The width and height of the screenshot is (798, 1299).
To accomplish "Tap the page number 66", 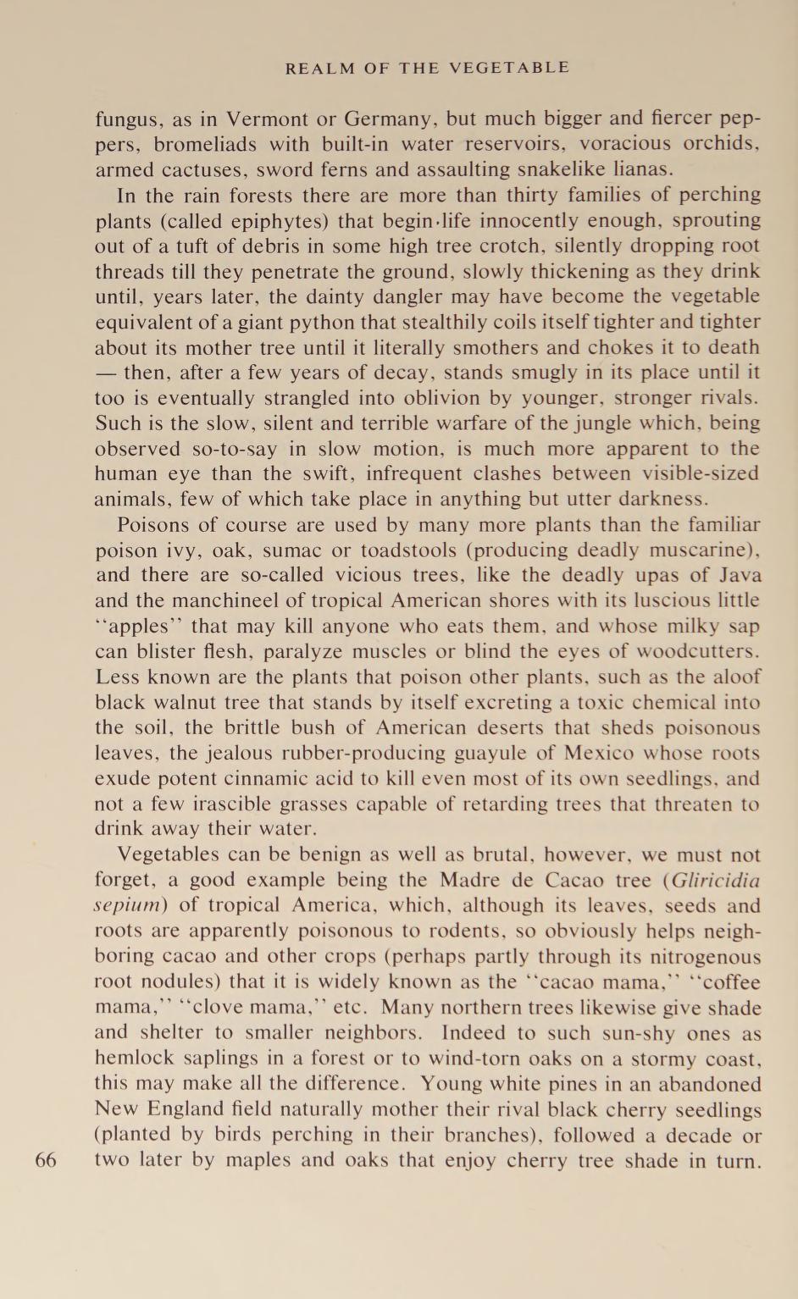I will (46, 1159).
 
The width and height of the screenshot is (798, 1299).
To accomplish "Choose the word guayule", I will (504, 754).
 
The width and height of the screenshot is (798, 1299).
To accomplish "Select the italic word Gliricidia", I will (715, 881).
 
